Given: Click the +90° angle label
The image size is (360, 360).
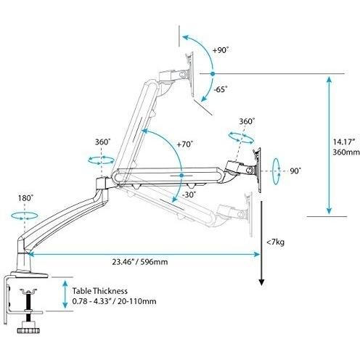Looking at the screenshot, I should click(221, 50).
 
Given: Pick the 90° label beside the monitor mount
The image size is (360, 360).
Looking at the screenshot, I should click(295, 171).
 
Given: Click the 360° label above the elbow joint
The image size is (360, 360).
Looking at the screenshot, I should click(102, 142).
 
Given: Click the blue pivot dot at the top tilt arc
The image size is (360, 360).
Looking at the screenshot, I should click(211, 74).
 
